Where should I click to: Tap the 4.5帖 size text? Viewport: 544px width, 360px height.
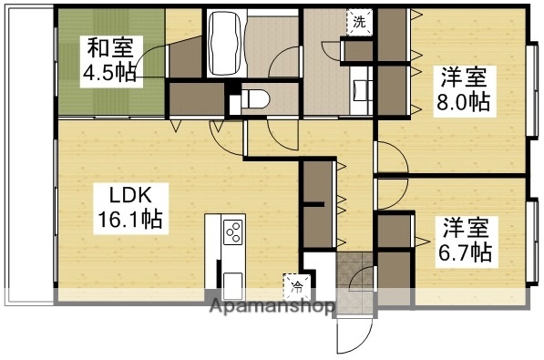click(x=110, y=72)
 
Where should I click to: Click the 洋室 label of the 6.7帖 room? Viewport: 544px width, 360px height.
click(x=466, y=223)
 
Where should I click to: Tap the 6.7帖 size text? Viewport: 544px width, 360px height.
click(x=464, y=249)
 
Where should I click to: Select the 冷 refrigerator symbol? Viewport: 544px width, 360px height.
click(x=297, y=285)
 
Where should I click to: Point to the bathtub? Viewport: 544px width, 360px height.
click(x=223, y=46)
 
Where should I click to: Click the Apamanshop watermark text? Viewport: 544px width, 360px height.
click(x=273, y=307)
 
